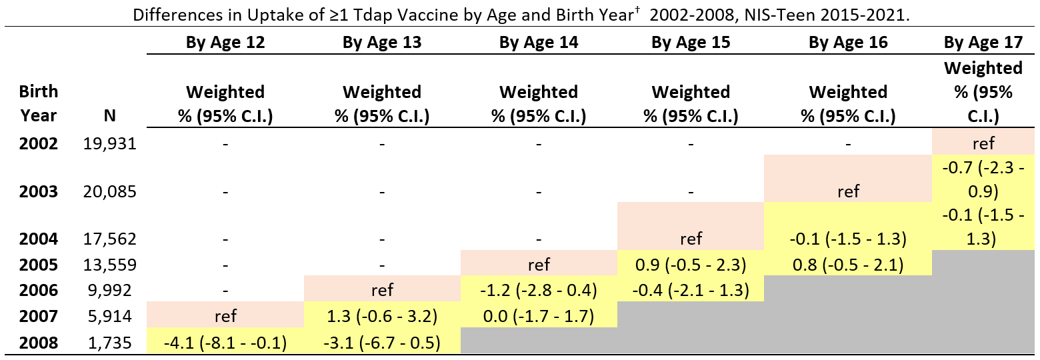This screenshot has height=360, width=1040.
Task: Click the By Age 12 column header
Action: pyautogui.click(x=225, y=43)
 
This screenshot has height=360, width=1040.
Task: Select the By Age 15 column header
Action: pyautogui.click(x=691, y=43)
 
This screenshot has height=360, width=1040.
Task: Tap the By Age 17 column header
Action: pyautogui.click(x=983, y=43)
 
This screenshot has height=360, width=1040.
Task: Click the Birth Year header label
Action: pyautogui.click(x=38, y=103)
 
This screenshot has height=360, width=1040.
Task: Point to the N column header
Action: pyautogui.click(x=110, y=115)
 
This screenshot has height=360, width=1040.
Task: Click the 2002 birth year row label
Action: pyautogui.click(x=38, y=143)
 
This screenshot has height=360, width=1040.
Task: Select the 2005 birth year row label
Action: pyautogui.click(x=38, y=265)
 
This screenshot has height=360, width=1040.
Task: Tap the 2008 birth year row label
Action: pyautogui.click(x=38, y=343)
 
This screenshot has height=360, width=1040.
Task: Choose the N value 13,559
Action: pyautogui.click(x=110, y=265)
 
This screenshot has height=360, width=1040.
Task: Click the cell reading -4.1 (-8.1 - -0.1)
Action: pyautogui.click(x=225, y=343)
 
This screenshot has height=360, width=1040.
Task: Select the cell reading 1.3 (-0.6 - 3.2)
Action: pyautogui.click(x=381, y=315)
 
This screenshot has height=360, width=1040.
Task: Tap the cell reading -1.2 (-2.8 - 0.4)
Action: pyautogui.click(x=539, y=290)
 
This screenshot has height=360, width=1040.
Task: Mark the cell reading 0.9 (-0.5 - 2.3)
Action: pyautogui.click(x=691, y=265)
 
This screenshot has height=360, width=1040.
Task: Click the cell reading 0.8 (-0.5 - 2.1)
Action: pyautogui.click(x=848, y=265)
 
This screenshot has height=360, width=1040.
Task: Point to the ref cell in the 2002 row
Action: pyautogui.click(x=983, y=143)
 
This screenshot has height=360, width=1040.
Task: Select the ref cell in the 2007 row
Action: pyautogui.click(x=225, y=315)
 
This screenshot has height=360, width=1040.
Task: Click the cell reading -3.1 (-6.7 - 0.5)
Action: pyautogui.click(x=381, y=343)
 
